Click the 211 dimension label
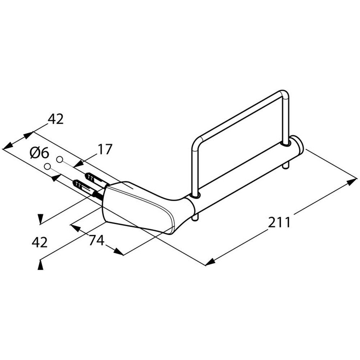279,223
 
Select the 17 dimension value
105,149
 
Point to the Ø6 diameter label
39,153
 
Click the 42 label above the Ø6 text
55,119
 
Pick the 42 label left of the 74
40,242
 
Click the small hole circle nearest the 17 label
60,159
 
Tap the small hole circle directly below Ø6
47,166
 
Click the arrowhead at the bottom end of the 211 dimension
210,262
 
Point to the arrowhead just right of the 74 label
118,252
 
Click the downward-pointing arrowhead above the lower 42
41,219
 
